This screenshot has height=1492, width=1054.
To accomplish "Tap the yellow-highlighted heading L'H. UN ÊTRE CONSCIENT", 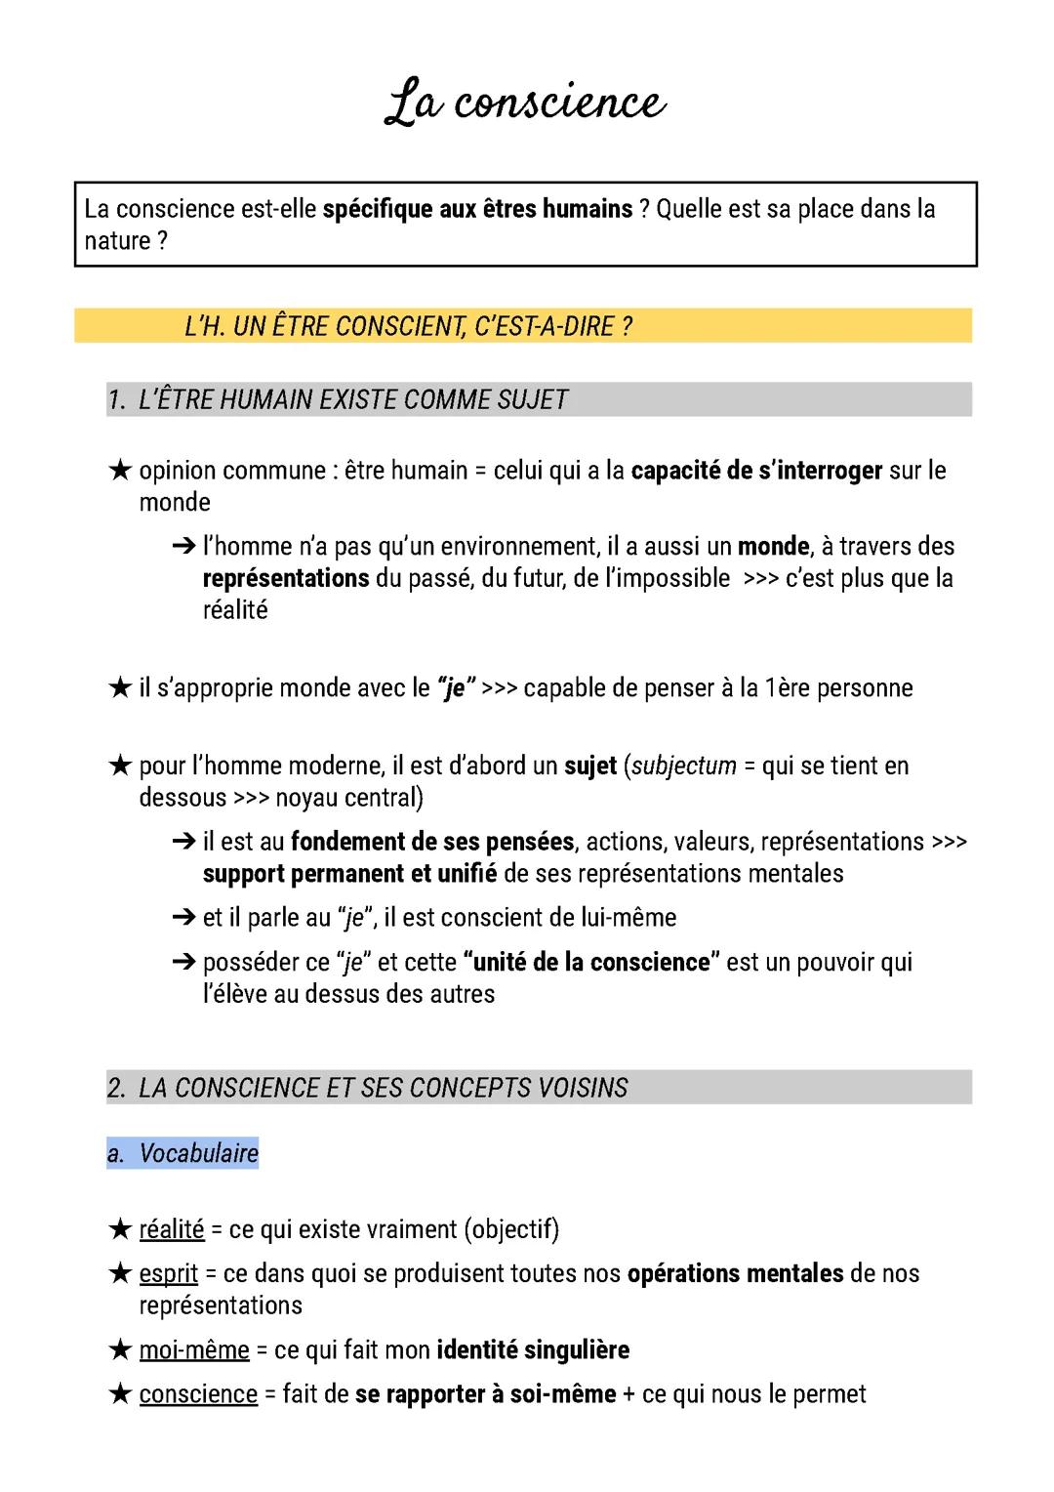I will [x=408, y=325].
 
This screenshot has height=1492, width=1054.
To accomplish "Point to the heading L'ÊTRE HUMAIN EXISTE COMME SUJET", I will [x=352, y=399].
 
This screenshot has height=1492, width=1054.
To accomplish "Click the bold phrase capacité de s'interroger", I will [x=756, y=471].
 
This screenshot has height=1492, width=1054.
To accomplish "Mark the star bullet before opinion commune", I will [x=119, y=471].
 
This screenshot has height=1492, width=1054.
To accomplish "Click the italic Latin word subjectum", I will [x=683, y=766].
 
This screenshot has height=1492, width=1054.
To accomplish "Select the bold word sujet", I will [x=590, y=766].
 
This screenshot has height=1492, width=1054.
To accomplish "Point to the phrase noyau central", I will [x=349, y=798].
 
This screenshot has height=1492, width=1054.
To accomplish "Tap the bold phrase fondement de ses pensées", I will [x=432, y=842].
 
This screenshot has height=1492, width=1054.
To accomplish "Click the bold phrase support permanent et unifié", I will [x=349, y=873].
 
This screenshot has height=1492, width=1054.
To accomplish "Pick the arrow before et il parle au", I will [x=183, y=918].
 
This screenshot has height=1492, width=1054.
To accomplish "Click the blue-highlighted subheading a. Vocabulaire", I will [x=183, y=1153].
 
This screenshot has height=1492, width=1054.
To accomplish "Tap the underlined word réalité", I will [x=172, y=1229].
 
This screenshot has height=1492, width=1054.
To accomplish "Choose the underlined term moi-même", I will [x=194, y=1350].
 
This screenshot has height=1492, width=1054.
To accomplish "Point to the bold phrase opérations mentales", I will [x=735, y=1274].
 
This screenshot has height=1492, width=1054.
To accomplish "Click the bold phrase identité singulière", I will [x=533, y=1350].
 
